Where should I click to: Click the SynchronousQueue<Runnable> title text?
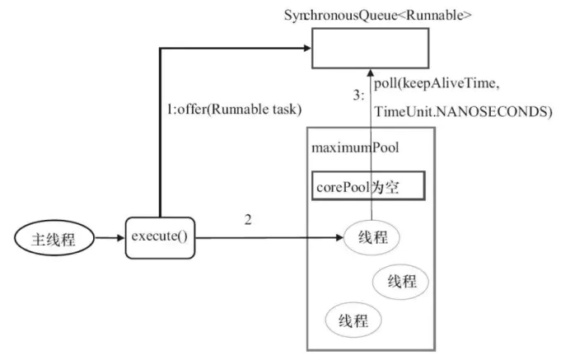click(378, 16)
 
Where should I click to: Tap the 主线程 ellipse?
click(54, 238)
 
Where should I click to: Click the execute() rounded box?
click(160, 238)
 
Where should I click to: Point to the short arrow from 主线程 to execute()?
click(110, 238)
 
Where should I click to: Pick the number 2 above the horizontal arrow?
click(248, 220)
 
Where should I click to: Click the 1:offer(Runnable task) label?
click(234, 109)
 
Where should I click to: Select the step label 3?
click(358, 96)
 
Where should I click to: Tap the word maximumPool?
click(355, 147)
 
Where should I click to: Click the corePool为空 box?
click(368, 186)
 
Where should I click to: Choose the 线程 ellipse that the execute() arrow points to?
click(371, 237)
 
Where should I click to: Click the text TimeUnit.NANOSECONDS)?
click(463, 111)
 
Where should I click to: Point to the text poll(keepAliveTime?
click(437, 84)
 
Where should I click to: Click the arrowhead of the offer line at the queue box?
click(307, 48)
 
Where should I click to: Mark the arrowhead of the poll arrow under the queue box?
click(371, 72)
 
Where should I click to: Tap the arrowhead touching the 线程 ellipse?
click(339, 238)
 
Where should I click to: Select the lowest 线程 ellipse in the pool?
click(353, 320)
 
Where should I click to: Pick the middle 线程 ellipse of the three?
click(400, 282)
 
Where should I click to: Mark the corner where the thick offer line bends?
click(160, 48)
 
